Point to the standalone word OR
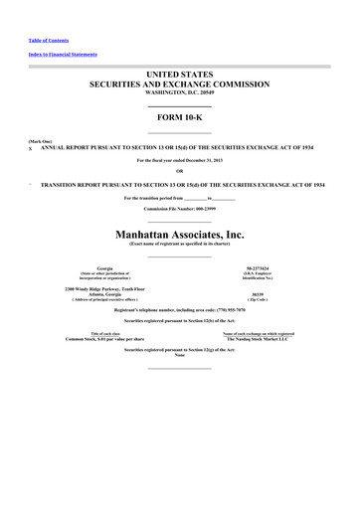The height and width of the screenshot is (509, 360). (180, 171)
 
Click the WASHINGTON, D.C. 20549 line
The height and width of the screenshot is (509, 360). (180, 94)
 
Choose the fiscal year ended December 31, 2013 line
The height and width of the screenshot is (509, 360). (180, 159)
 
